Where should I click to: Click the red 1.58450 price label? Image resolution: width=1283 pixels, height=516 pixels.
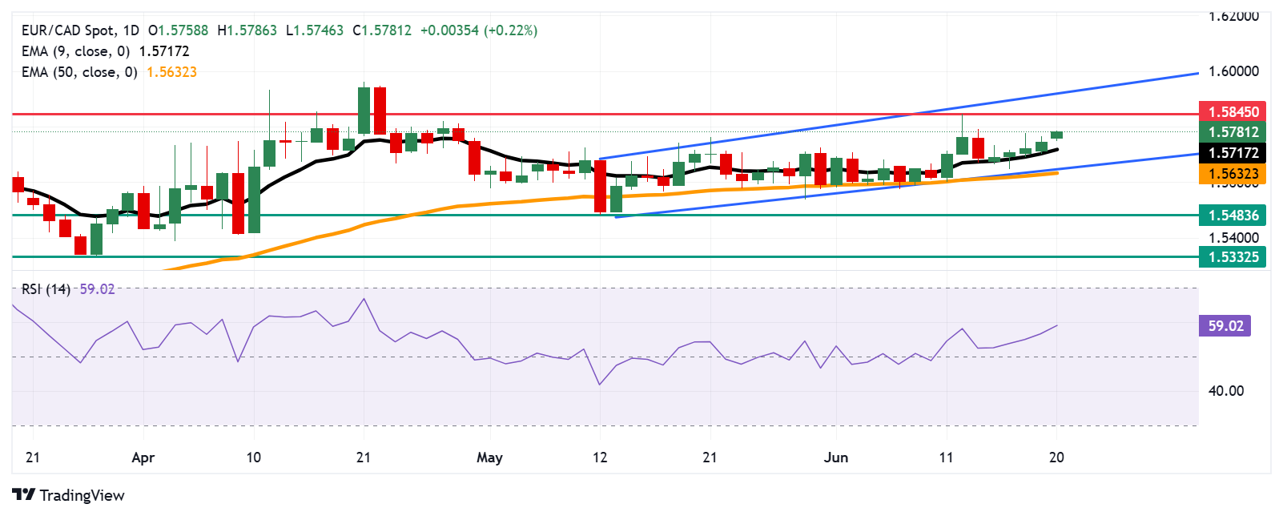[1232, 111]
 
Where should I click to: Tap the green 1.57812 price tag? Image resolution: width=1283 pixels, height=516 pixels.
[1232, 132]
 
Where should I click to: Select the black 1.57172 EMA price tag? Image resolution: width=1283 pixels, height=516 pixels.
[1232, 153]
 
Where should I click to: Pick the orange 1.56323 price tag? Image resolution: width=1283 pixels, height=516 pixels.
[1232, 174]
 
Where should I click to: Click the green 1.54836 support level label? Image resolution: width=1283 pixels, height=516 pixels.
[1232, 215]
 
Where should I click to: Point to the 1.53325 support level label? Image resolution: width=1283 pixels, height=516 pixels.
[1232, 257]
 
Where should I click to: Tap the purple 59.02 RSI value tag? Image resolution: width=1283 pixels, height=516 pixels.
[1225, 326]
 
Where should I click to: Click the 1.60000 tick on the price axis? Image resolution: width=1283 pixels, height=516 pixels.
[1233, 71]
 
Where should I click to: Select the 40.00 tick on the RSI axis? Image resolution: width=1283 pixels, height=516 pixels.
[1225, 391]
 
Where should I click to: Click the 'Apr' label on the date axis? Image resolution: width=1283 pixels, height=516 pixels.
[143, 458]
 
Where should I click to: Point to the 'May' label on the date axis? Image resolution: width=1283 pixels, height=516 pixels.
[489, 458]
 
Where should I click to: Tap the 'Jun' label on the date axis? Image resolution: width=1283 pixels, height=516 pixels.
[835, 458]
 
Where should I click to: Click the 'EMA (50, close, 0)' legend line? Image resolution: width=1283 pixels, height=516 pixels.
[79, 72]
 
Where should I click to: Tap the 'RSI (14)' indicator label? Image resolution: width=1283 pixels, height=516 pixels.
[46, 289]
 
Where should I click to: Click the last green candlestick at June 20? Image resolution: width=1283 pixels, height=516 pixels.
[1057, 135]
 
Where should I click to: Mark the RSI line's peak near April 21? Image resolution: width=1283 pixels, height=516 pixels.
[364, 299]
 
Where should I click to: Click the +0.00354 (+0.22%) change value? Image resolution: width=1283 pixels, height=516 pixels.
[478, 30]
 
